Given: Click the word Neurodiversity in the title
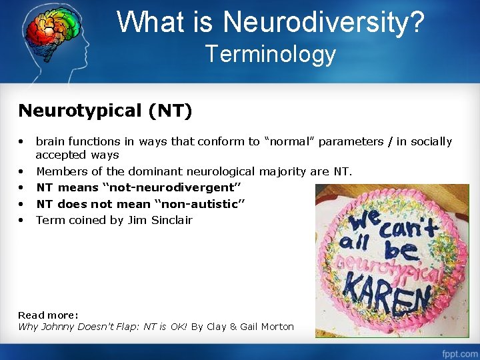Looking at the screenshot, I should coord(323,21).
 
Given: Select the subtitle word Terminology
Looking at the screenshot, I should coord(271,53).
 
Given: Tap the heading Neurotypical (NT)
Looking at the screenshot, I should coord(105,110).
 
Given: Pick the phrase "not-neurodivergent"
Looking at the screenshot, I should coord(171,188).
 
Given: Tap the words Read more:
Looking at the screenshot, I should coord(48,315).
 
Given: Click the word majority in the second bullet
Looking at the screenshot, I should coord(283,171).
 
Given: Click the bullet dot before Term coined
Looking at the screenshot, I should coord(22,220).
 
